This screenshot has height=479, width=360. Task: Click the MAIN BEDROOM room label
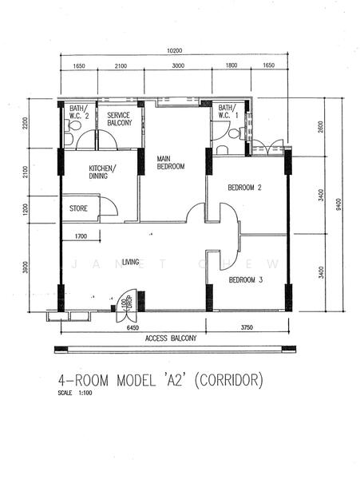coord(170,163)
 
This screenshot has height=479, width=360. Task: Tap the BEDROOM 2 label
coord(244,188)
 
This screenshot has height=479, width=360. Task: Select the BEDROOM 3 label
coord(246,279)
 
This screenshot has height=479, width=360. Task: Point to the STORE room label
coord(78,208)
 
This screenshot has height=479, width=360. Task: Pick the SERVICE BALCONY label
coord(120,119)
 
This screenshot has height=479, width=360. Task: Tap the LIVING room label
coord(130,262)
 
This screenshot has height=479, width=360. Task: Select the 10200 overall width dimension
coord(175,51)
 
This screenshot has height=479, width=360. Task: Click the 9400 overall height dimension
coord(338,204)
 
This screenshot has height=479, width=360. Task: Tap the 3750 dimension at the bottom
coord(247,327)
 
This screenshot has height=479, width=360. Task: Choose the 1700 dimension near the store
coord(81,236)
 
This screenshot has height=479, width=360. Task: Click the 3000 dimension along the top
coord(178,65)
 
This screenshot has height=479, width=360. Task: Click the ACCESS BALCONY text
coord(171,338)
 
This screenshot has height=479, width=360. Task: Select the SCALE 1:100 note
coord(75,393)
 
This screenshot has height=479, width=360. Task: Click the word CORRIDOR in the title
coord(228,380)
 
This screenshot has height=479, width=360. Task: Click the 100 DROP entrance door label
coord(126,303)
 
